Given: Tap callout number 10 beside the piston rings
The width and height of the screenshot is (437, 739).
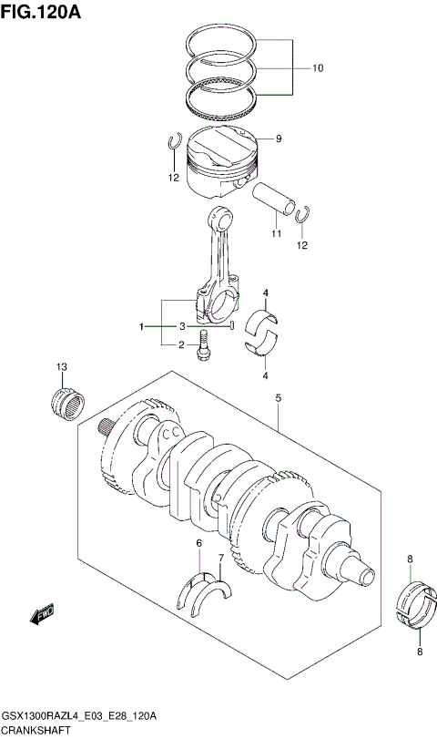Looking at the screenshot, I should pyautogui.click(x=318, y=68).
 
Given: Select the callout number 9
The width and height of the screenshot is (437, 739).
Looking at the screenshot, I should pyautogui.click(x=279, y=139).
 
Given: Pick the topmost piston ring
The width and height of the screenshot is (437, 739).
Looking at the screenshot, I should pyautogui.click(x=239, y=41).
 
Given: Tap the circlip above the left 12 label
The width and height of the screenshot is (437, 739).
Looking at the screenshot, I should pyautogui.click(x=173, y=141).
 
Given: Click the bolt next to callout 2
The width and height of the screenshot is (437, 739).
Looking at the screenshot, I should pyautogui.click(x=204, y=346).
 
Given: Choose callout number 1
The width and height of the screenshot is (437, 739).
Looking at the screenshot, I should pyautogui.click(x=141, y=326).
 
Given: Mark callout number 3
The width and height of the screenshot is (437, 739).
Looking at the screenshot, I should pyautogui.click(x=181, y=326).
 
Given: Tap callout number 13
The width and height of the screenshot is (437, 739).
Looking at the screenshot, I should pyautogui.click(x=60, y=367).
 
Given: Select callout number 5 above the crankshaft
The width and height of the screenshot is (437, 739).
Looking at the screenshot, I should pyautogui.click(x=277, y=396).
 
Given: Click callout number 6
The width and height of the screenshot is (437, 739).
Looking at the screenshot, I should pyautogui.click(x=198, y=544).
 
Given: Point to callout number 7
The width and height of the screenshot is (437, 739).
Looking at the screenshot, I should pyautogui.click(x=220, y=558).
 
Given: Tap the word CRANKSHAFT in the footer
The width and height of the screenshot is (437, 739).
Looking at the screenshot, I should pyautogui.click(x=34, y=731).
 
